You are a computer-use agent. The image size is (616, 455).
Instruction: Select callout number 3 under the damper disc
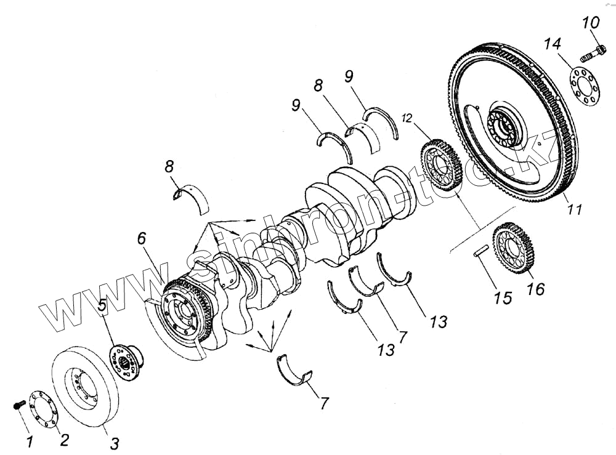115,443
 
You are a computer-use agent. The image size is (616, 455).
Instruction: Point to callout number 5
102,305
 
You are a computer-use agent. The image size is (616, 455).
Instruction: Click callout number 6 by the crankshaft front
142,239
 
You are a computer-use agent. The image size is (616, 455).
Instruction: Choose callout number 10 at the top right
590,24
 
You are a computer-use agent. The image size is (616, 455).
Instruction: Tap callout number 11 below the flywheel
573,209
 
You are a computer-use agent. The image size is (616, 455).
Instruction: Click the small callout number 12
407,117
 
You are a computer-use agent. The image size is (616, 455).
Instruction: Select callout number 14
553,44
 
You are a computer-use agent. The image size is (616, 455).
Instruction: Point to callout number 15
503,297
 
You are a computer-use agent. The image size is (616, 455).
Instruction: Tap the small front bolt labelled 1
19,405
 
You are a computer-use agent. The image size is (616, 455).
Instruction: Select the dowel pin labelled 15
481,251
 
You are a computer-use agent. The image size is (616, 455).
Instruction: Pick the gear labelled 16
512,247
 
